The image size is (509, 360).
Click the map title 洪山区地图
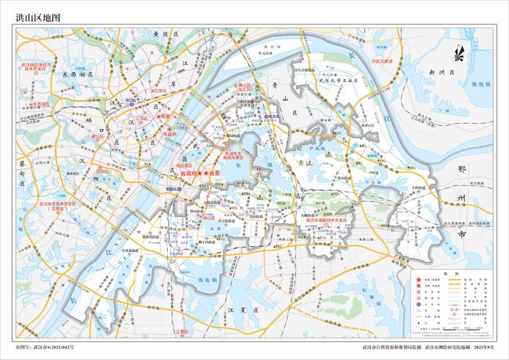[39, 15]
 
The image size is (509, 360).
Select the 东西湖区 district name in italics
[74, 73]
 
